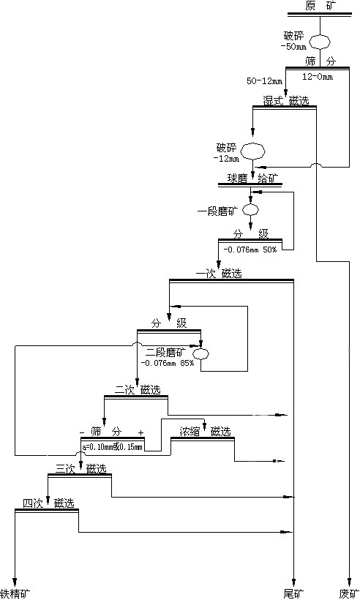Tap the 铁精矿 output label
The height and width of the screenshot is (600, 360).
click(15, 593)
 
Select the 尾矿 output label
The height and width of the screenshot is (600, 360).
click(293, 593)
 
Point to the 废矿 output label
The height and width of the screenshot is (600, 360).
click(349, 593)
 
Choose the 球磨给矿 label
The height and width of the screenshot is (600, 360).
click(252, 178)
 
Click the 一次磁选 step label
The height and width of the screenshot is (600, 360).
click(219, 274)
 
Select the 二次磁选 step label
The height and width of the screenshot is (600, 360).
click(137, 389)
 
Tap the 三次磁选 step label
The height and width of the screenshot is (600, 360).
click(80, 468)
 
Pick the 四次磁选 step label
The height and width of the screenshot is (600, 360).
click(48, 503)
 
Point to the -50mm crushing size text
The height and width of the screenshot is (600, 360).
click(293, 47)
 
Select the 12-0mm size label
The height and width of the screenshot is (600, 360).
click(318, 77)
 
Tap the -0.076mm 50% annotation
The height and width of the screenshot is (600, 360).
click(249, 249)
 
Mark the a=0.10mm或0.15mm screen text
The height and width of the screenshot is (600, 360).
click(113, 446)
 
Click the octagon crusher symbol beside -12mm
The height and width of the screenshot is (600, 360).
click(253, 151)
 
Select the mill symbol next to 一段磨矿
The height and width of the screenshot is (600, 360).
click(251, 209)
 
